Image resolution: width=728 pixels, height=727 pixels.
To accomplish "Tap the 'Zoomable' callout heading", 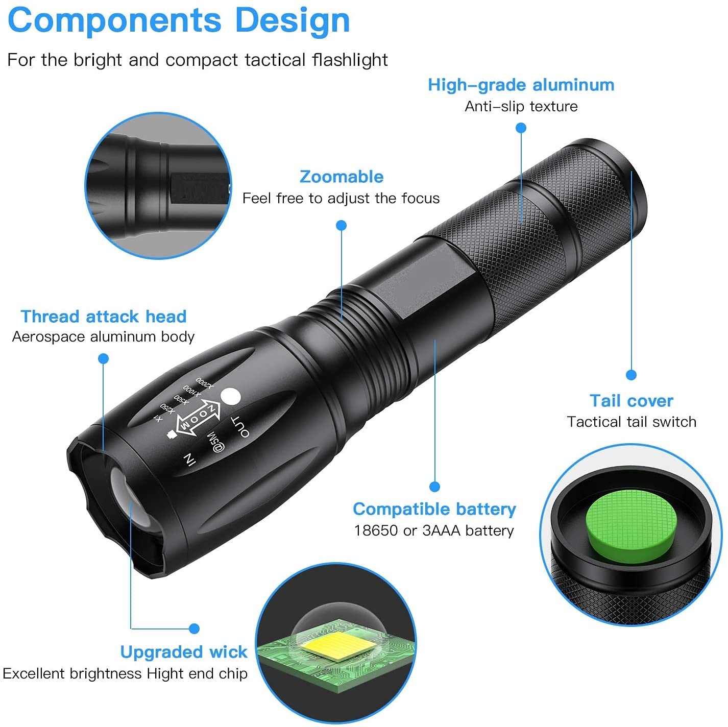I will [x=342, y=177].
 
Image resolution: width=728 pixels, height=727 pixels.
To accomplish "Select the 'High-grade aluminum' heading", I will [x=521, y=85].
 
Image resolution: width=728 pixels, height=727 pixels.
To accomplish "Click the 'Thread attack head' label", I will [x=104, y=317].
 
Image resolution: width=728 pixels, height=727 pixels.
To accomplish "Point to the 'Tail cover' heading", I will [x=632, y=401].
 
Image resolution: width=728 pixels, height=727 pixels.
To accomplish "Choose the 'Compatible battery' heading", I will [x=434, y=509].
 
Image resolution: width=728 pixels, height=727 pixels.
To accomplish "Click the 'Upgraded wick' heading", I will [x=184, y=652].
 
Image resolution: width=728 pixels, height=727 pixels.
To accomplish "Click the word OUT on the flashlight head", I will [x=240, y=427].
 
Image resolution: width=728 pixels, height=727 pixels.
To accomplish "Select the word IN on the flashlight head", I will [x=189, y=459].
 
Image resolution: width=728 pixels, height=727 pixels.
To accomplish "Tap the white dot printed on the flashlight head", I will [x=230, y=397].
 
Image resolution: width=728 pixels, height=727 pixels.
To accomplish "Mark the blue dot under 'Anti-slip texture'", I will [x=521, y=128].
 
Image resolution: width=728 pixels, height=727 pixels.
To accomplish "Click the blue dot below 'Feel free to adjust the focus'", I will [x=342, y=225].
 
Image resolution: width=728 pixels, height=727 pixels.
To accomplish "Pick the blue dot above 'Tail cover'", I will [x=631, y=375].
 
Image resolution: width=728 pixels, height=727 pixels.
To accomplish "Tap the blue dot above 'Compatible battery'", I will [x=434, y=487].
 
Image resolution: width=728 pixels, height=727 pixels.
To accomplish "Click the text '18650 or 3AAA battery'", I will [x=434, y=531].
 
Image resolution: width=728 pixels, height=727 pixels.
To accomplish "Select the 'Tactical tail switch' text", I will [x=632, y=422].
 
